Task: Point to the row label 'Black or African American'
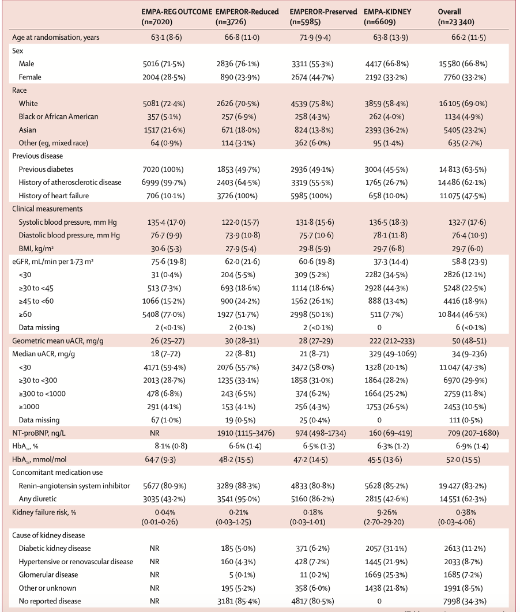pyautogui.click(x=58, y=116)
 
